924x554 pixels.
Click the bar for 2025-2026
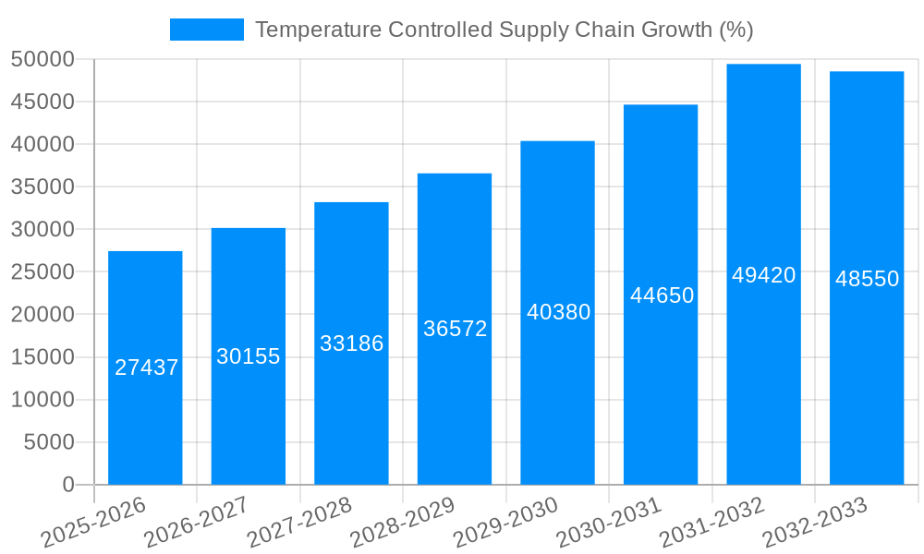145,415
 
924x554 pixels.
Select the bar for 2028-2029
455,406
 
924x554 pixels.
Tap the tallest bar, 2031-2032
763,369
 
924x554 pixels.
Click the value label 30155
249,356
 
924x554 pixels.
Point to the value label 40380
558,312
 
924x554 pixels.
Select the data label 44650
662,295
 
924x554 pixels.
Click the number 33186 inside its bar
351,343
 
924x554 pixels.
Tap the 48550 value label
867,279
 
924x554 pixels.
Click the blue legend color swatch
206,30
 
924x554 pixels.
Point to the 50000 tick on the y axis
43,59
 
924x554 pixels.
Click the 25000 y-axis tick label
43,272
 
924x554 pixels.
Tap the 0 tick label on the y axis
67,485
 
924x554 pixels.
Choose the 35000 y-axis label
43,187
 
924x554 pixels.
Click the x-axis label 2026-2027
196,524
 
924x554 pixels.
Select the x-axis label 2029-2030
505,524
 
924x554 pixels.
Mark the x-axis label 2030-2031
609,524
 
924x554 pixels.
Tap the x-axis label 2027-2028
299,524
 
